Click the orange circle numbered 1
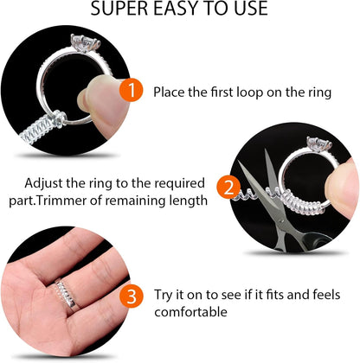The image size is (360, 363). (131, 89)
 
